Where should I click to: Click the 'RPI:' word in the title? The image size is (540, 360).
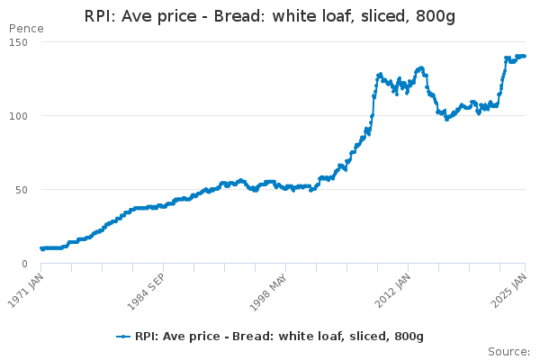coord(103,16)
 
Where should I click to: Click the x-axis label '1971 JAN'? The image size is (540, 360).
coord(26,290)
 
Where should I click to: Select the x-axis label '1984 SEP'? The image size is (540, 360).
coord(148,290)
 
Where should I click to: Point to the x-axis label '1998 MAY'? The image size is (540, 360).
coord(269,290)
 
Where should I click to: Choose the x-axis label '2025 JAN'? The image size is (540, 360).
coord(512,290)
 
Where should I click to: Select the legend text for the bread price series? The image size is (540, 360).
coord(279,337)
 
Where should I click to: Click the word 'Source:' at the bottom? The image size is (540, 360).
coord(508,351)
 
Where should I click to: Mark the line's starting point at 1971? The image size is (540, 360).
coord(41,248)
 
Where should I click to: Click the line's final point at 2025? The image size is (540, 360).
coord(525,56)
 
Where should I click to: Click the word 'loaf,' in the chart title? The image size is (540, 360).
coord(341,16)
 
